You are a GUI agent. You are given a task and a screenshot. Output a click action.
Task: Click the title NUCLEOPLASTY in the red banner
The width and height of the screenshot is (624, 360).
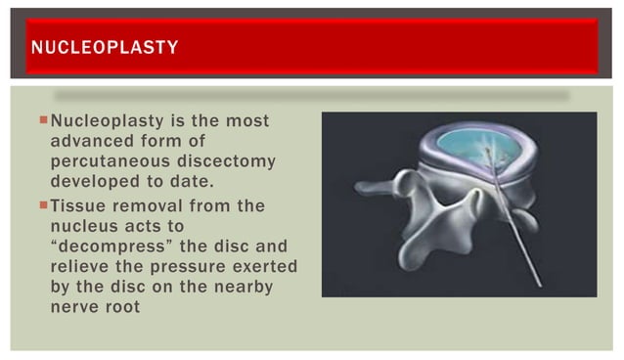(104, 45)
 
